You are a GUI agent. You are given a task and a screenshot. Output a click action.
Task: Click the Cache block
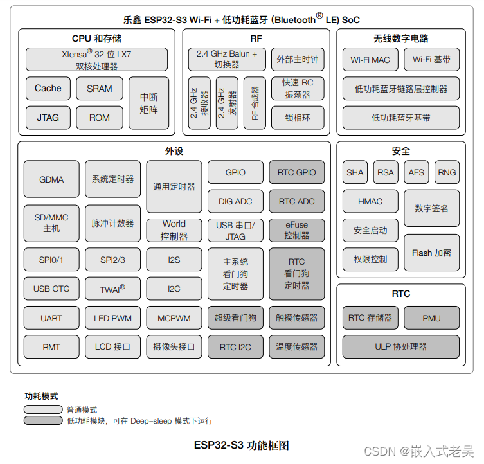(x=48, y=89)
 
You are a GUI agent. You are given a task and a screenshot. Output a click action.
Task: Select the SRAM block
(x=99, y=89)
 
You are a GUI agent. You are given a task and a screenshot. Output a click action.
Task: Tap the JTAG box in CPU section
(x=48, y=118)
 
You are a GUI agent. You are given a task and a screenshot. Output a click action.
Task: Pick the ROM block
(x=99, y=118)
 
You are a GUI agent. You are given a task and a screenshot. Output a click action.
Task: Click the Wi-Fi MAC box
(x=370, y=60)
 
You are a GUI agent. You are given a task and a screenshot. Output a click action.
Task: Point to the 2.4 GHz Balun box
(x=226, y=60)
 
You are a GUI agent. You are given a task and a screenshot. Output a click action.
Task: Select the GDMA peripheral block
(x=51, y=179)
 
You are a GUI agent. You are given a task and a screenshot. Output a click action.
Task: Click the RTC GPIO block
(x=296, y=172)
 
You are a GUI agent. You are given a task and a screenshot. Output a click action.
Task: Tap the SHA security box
(x=355, y=172)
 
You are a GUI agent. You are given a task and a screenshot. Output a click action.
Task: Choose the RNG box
(x=447, y=172)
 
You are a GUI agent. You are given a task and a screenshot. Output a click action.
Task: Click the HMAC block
(x=370, y=201)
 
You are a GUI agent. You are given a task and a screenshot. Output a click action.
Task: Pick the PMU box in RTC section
(x=431, y=317)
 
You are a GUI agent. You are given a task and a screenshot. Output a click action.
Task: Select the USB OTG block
(x=51, y=289)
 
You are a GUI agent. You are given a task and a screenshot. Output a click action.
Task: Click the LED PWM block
(x=112, y=317)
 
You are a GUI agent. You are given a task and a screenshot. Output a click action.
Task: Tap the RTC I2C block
(x=235, y=347)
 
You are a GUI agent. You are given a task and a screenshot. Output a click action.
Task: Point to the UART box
(x=51, y=317)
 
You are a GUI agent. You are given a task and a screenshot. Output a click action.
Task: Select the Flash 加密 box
(x=431, y=253)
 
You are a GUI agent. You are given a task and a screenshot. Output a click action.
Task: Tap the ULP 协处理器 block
(x=400, y=347)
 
